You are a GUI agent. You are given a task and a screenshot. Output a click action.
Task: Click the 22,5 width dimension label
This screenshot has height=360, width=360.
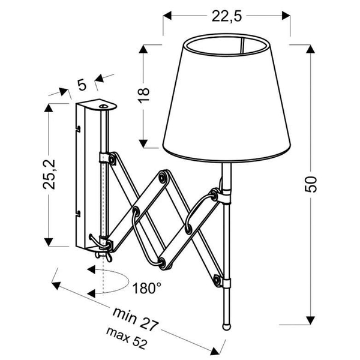227,17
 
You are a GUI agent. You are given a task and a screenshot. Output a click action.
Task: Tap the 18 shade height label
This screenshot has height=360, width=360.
144,95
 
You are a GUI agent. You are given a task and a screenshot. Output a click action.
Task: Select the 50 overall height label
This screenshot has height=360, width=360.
311,184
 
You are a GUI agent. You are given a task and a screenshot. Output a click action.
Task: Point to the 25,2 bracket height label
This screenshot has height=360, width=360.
49,175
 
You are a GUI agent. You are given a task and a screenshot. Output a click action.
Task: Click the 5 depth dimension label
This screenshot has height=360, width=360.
82,85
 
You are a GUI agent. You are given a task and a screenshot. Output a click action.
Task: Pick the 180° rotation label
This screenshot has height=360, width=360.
147,288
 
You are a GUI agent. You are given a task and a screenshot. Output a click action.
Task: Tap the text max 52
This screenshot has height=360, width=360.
126,338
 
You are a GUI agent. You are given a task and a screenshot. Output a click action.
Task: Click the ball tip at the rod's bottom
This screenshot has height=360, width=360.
227,326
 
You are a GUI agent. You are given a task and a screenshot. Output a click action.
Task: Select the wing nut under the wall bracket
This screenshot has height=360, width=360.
103,256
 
